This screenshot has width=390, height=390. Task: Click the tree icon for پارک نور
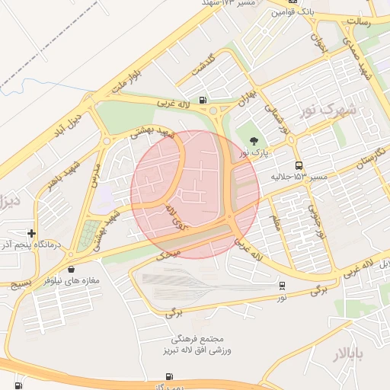tap(254, 139)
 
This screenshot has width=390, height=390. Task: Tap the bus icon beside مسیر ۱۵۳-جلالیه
tap(299, 165)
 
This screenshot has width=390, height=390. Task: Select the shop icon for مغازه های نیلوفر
tap(71, 268)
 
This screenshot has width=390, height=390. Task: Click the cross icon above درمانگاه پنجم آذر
tap(31, 233)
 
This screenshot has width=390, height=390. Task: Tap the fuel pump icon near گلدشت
tap(202, 100)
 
